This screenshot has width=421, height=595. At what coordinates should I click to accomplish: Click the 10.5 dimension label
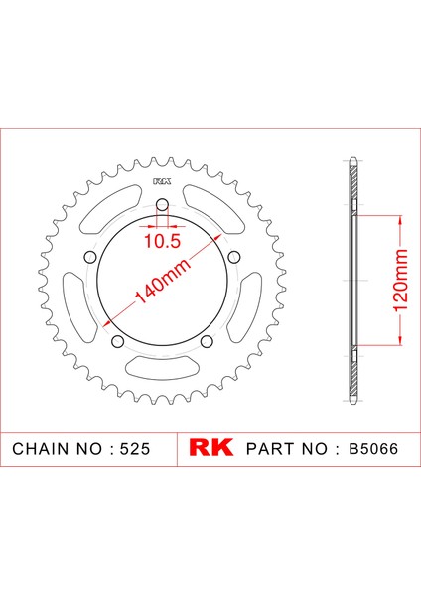tap(162, 241)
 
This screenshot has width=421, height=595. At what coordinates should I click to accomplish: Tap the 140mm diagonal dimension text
tap(162, 282)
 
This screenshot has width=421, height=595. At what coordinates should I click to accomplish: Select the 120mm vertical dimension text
tap(400, 281)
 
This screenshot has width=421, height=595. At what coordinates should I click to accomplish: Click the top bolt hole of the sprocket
tap(162, 205)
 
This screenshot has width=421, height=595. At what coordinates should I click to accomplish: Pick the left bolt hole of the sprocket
tap(90, 257)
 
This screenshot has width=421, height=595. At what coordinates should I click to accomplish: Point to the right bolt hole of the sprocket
tap(234, 257)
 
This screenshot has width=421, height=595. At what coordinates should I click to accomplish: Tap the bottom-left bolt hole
tap(118, 341)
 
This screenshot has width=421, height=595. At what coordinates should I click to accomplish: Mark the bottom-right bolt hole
tap(207, 341)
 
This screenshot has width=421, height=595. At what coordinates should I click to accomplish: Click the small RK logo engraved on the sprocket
tap(162, 181)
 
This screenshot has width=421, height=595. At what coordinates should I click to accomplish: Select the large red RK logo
tap(211, 448)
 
